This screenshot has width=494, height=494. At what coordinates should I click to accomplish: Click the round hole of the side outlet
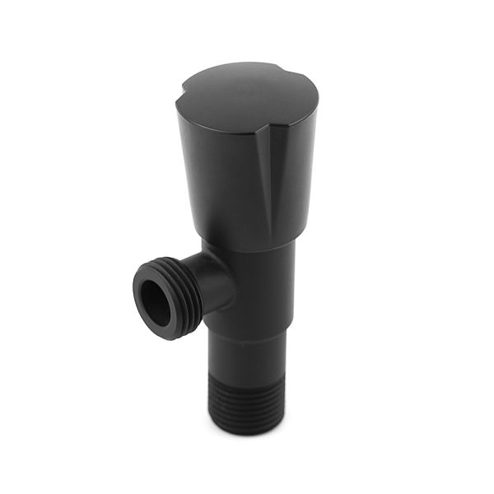(156, 301)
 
